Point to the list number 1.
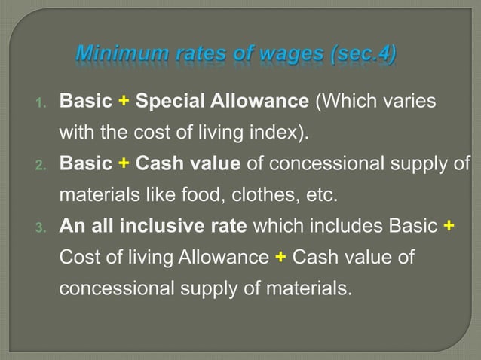pyautogui.click(x=42, y=102)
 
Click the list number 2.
pyautogui.click(x=42, y=164)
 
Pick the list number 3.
pyautogui.click(x=42, y=227)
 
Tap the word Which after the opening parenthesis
pyautogui.click(x=343, y=101)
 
